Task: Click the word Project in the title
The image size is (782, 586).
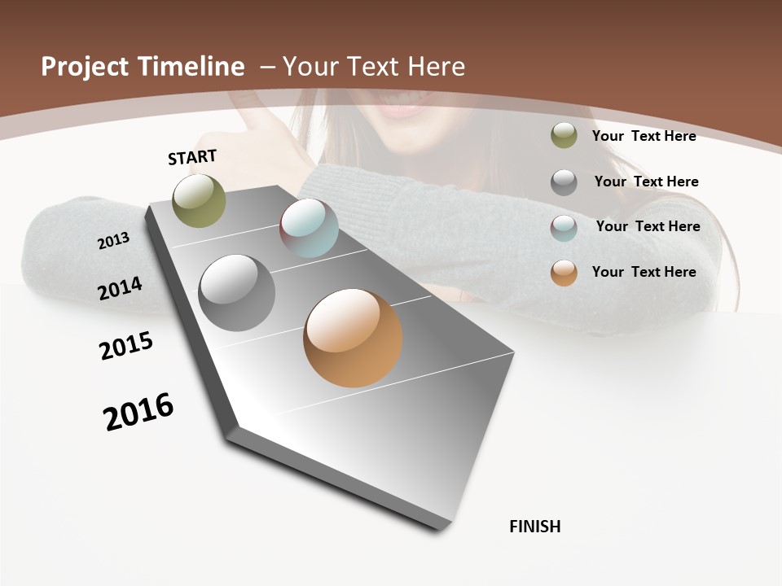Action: tap(86, 67)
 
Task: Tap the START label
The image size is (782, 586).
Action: tap(192, 157)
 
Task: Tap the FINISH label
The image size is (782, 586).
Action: tap(535, 527)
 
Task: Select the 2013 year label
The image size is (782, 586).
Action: tap(114, 240)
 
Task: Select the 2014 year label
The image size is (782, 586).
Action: tap(121, 288)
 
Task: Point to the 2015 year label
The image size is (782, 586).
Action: tap(126, 346)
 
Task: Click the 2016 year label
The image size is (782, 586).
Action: tap(138, 412)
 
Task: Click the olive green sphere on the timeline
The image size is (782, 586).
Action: tap(200, 200)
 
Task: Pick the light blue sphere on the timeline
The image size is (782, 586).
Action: tap(309, 228)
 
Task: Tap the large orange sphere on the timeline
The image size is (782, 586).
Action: tap(353, 338)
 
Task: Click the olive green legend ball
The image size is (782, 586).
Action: tap(564, 136)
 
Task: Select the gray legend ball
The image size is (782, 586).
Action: tap(564, 182)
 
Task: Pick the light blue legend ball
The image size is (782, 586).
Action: tap(564, 228)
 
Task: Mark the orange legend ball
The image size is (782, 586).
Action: tap(564, 273)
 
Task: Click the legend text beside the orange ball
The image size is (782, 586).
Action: tap(644, 272)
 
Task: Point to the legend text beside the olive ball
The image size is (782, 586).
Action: tap(644, 136)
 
